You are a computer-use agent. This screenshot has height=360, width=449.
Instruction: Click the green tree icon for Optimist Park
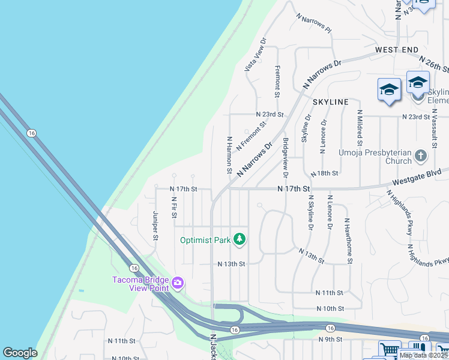tap(240, 240)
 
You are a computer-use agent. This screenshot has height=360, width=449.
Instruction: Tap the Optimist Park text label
tap(205, 241)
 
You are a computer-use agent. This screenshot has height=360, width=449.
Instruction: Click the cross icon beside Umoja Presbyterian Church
tap(421, 157)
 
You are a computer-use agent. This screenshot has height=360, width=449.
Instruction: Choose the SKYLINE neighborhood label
tap(330, 102)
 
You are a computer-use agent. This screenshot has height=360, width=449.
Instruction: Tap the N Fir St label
tap(173, 207)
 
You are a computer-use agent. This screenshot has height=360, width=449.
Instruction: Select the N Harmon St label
tap(229, 155)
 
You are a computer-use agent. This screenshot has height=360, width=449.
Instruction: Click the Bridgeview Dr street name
tap(285, 157)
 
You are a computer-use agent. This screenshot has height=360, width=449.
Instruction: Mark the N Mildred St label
tap(360, 128)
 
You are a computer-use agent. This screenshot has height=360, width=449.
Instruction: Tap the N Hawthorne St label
tap(348, 240)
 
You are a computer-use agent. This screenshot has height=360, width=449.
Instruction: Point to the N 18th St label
tap(325, 173)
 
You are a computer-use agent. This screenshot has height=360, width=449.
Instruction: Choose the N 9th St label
tap(331, 340)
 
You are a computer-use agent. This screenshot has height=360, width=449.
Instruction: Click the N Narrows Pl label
tap(314, 23)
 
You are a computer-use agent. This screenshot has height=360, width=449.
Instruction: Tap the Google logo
tap(20, 353)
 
